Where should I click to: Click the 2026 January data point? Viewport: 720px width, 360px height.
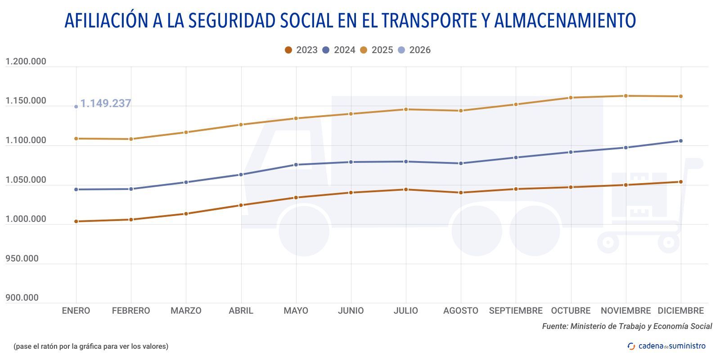point(76,107)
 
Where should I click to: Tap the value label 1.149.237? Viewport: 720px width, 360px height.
point(105,103)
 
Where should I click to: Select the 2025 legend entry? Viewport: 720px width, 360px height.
point(377,50)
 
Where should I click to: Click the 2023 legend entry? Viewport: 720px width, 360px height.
point(301,50)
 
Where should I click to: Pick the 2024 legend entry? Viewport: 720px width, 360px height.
point(339,50)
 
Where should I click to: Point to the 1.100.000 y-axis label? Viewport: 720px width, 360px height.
point(26,140)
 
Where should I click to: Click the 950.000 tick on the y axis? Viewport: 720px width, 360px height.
point(22,258)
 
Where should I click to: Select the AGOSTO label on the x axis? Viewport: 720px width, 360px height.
point(460,310)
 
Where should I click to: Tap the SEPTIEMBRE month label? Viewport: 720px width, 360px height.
point(515,310)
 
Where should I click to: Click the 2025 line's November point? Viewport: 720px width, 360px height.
point(625,96)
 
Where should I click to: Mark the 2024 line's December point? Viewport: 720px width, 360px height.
point(680,141)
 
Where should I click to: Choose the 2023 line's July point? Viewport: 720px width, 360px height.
point(406,189)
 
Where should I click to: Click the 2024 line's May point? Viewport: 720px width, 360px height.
point(296,165)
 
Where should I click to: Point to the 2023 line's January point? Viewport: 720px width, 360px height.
point(76,221)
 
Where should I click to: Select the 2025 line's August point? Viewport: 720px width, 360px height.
point(460,111)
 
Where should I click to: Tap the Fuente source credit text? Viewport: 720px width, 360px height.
point(627,326)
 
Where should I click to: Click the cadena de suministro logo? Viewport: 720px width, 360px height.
point(666,346)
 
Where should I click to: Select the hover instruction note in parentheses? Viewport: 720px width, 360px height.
point(91,346)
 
